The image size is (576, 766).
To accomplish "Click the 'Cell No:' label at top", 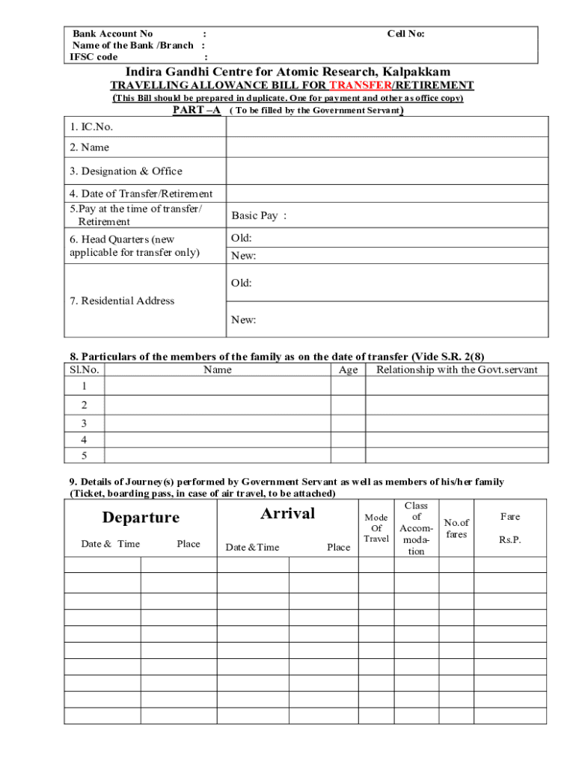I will coord(405,34).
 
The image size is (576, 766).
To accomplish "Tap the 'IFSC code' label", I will coord(94,57).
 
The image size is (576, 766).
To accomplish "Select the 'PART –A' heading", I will coord(197,110).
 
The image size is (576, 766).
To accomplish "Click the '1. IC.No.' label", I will coord(91,127).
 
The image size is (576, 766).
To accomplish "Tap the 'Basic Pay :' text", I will coord(259,216).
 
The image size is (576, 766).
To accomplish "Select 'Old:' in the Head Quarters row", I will coord(241,239).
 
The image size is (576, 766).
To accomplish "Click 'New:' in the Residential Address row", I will coord(243,320).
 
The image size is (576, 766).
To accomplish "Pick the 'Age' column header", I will coord(348,370).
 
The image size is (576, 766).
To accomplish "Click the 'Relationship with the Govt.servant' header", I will coord(456,370).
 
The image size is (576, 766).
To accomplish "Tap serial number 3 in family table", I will coord(84,423).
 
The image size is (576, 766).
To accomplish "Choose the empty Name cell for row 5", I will coord(217,456).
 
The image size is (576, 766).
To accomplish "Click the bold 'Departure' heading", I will coord(141,518).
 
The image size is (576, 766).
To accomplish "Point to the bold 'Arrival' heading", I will coord(287,513).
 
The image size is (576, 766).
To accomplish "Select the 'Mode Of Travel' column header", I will coord(376,528).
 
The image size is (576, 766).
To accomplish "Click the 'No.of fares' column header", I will coord(456,528).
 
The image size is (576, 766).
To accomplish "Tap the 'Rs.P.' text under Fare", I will coord(510,540).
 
